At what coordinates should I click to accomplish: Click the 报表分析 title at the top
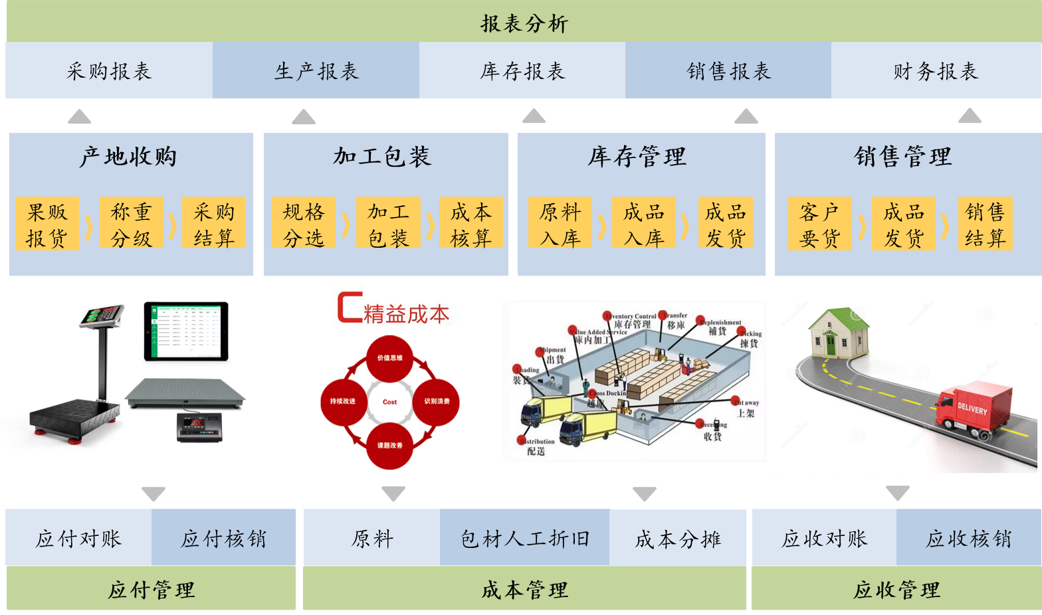[x=524, y=24]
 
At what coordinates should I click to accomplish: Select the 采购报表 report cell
[x=109, y=71]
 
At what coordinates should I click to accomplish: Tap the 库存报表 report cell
[x=522, y=71]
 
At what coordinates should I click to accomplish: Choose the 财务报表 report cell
[x=936, y=71]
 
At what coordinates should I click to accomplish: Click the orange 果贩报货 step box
[x=47, y=224]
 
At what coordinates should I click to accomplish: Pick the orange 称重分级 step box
[x=131, y=224]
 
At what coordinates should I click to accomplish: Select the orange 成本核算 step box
[x=470, y=224]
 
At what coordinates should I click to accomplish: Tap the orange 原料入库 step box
[x=560, y=224]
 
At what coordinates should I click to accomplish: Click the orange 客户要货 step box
[x=819, y=224]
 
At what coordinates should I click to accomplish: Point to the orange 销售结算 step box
[x=985, y=224]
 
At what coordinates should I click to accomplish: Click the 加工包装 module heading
[x=382, y=157]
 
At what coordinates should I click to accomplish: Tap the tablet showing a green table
[x=186, y=331]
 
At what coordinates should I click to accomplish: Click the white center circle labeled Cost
[x=390, y=402]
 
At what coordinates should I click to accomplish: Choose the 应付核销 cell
[x=223, y=539]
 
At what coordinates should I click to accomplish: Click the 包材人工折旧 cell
[x=524, y=539]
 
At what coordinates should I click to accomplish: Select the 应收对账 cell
[x=824, y=539]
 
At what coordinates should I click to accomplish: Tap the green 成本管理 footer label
[x=524, y=589]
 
